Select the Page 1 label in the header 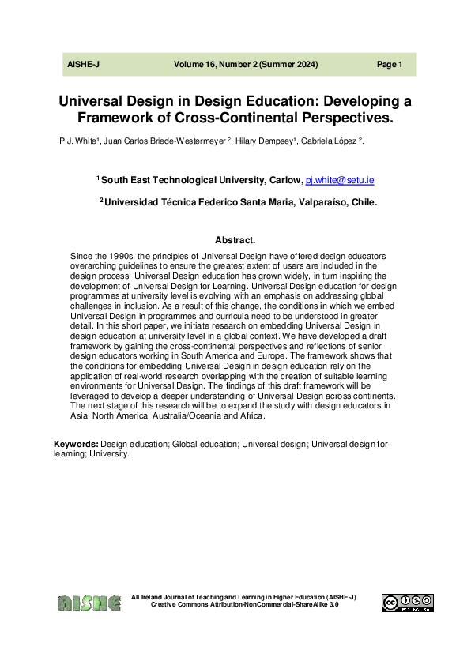[390, 65]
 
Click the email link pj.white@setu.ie [340, 181]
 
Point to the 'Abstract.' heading [236, 240]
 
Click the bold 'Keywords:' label [76, 445]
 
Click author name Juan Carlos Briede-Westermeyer [160, 140]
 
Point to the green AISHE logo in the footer [89, 603]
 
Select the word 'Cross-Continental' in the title [245, 118]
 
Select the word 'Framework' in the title [111, 118]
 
